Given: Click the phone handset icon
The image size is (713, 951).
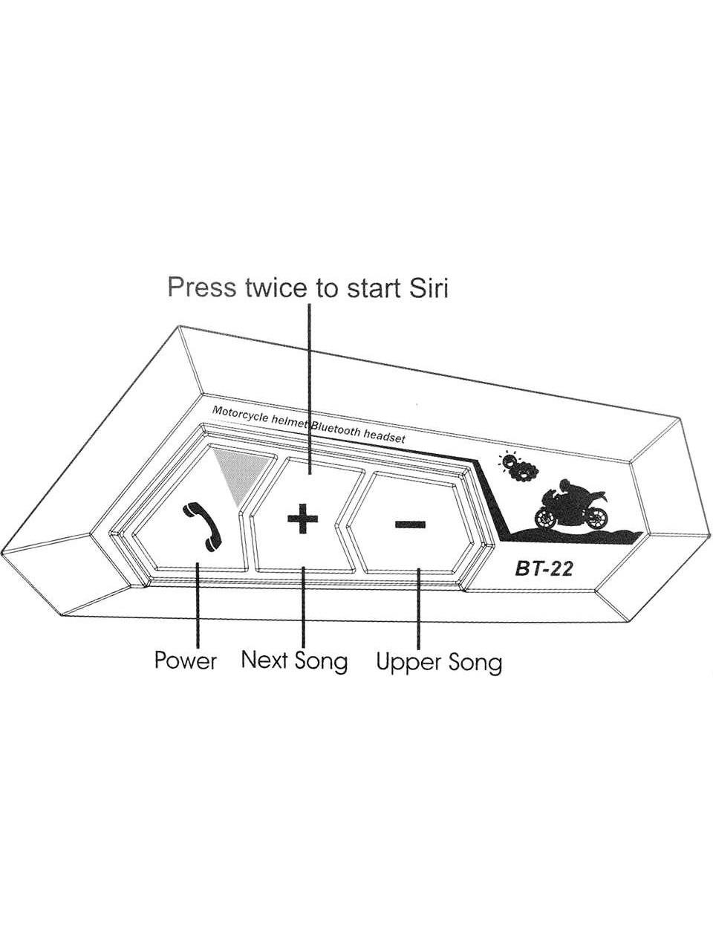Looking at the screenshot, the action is tap(203, 527).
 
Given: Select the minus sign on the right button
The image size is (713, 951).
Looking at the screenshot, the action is tap(410, 525).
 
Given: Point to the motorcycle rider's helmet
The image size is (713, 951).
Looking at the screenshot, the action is tap(565, 485).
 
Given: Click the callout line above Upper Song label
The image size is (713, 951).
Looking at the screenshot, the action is tap(418, 608).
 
